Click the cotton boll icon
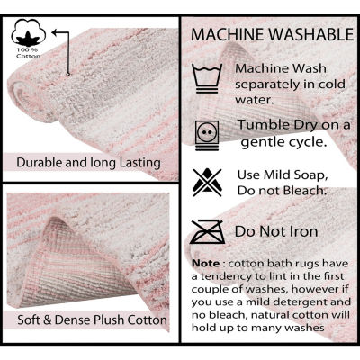click(29, 32)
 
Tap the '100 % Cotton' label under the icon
click(29, 53)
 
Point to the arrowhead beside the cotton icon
click(55, 31)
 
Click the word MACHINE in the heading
click(229, 34)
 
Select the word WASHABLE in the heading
click(311, 34)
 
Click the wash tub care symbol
click(207, 78)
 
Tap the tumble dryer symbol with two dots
click(207, 135)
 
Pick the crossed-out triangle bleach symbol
click(207, 183)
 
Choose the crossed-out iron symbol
click(207, 231)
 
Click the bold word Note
click(206, 264)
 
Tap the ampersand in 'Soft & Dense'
click(48, 319)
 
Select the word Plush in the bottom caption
click(110, 319)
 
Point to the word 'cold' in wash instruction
click(331, 85)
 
